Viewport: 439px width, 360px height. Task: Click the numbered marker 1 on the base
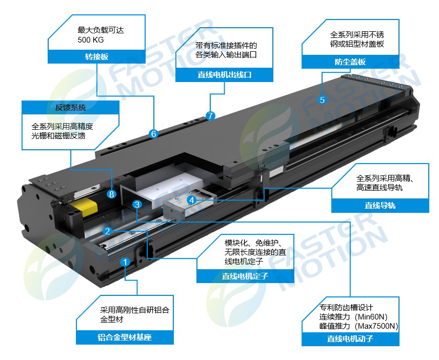coord(125,262)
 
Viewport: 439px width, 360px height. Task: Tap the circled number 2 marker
coord(107,231)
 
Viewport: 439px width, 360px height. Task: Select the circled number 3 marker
coord(137,204)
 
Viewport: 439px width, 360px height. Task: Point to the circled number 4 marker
coord(192,200)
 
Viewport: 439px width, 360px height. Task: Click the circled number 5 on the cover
coord(322,99)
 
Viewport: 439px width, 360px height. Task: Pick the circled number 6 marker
coord(153,134)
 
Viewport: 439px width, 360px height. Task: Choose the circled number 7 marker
coord(210,115)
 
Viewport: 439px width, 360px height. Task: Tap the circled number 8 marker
coord(111,194)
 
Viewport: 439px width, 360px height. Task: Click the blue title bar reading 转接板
coord(96,57)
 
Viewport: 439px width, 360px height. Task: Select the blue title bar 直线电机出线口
coord(224,75)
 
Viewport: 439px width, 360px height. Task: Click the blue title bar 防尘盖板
coord(350,62)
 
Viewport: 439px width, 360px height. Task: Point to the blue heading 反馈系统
coord(71,108)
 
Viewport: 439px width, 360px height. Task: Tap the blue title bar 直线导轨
coord(380,206)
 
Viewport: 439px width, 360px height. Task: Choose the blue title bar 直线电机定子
coord(245,276)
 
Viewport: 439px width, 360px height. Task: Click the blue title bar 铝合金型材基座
coord(125,337)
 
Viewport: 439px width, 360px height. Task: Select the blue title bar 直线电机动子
coord(350,339)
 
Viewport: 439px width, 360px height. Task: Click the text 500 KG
coord(91,40)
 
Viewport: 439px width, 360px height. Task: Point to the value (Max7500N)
coord(376,326)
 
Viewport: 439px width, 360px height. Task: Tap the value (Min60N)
coord(371,317)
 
